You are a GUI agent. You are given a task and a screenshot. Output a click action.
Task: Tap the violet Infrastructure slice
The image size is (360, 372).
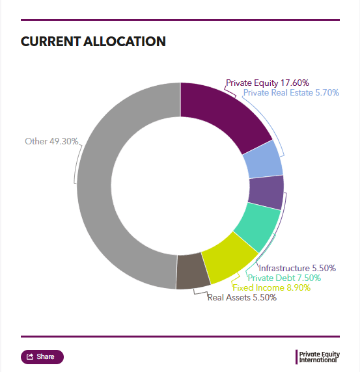266,192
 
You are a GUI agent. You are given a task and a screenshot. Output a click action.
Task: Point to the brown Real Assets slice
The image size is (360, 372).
192,271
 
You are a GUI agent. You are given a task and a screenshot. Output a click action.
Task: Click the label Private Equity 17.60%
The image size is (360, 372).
268,83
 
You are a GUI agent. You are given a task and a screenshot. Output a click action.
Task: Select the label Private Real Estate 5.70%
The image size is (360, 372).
291,93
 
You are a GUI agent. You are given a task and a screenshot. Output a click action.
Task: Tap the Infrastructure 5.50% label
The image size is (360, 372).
297,269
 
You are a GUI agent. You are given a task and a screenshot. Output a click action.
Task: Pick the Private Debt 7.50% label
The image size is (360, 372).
284,278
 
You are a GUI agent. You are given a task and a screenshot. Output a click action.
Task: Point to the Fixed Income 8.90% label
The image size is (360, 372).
271,287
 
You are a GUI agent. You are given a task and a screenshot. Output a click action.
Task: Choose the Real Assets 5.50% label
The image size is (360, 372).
242,297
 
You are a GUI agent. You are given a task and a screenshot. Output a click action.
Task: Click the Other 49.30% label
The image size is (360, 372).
51,141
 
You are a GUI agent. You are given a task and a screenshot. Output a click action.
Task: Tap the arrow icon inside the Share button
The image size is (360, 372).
30,356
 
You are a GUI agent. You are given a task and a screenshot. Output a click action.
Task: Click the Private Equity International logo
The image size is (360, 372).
318,357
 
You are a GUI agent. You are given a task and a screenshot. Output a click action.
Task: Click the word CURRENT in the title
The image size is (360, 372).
51,42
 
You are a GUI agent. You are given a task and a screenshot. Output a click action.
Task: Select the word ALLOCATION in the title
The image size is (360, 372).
124,42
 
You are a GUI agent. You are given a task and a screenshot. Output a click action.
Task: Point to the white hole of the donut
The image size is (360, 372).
180,186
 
